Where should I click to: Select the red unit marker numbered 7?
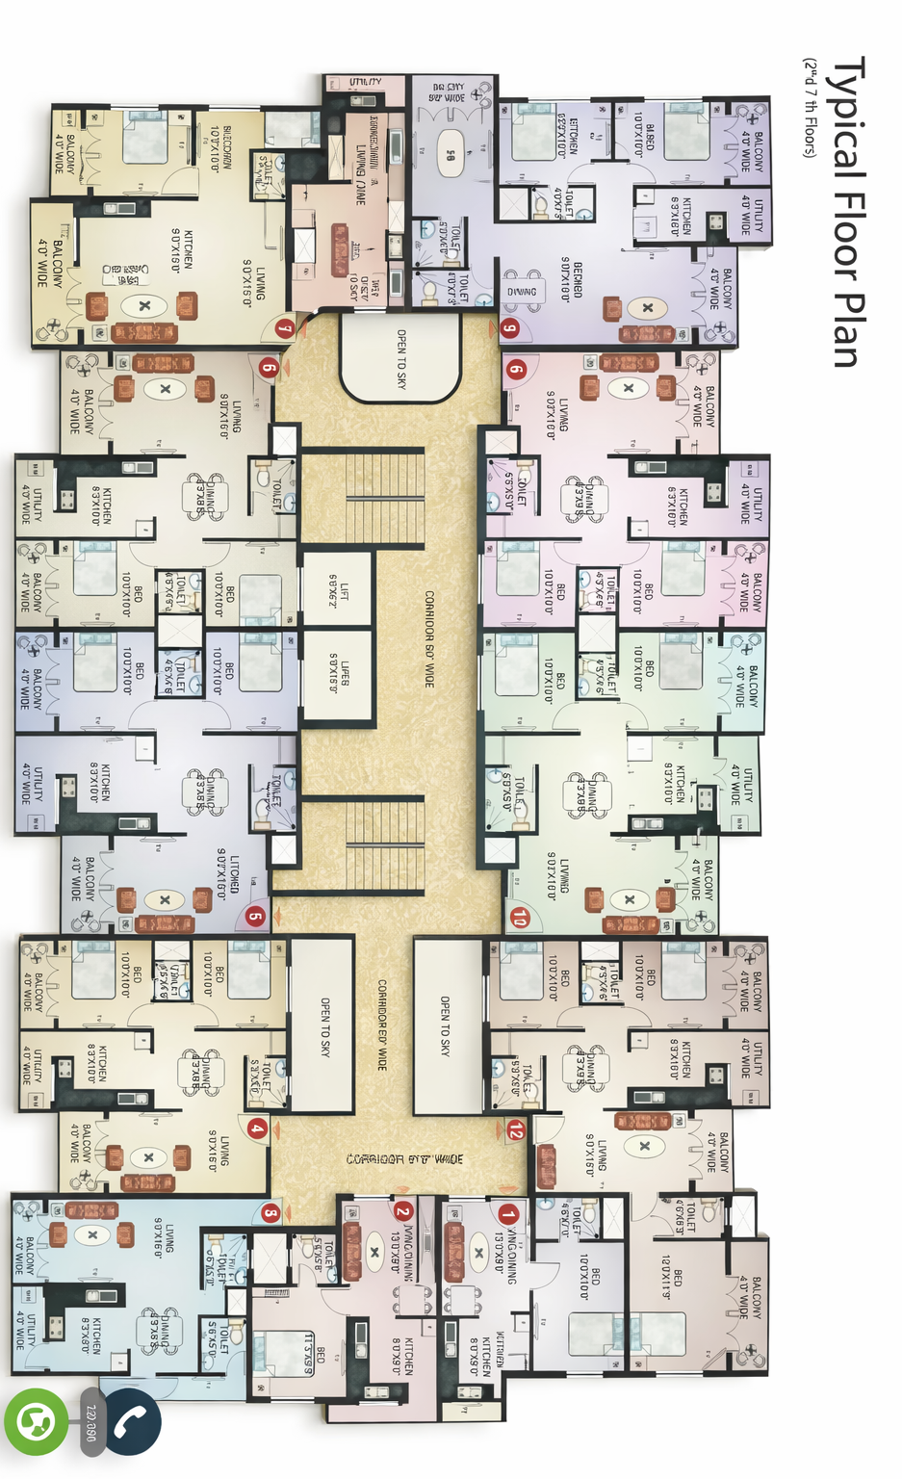pos(284,328)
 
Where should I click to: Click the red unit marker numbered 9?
pos(509,327)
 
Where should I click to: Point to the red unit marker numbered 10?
pos(520,918)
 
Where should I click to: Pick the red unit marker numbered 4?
pos(257,1129)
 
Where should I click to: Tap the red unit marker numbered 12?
pos(516,1130)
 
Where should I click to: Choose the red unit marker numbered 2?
pos(402,1211)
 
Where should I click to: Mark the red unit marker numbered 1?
pos(507,1215)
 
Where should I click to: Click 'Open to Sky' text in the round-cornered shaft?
pos(401,358)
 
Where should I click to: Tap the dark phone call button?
pos(130,1421)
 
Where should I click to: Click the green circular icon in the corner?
pos(36,1421)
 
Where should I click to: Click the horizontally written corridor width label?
pos(404,1159)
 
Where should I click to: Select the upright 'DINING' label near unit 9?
pos(522,292)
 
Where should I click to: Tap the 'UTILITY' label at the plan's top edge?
pos(365,83)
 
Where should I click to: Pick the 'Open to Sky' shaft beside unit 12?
pos(445,1026)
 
